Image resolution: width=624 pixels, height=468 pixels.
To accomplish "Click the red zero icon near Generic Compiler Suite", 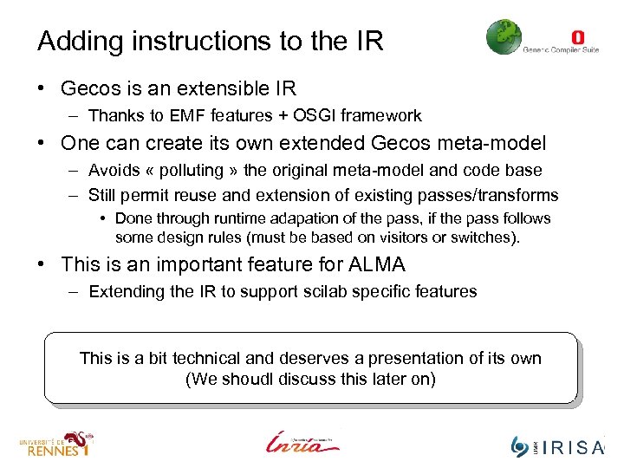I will (578, 37).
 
